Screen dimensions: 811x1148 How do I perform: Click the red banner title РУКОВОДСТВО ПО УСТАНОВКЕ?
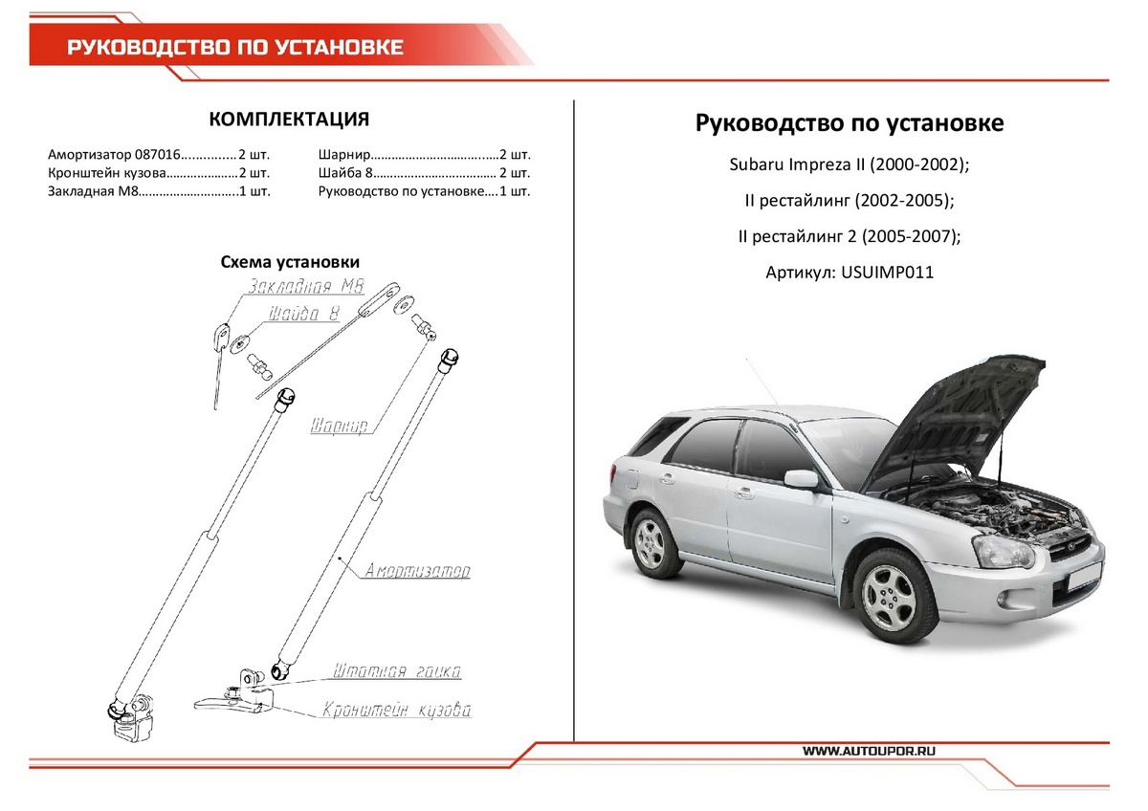[234, 48]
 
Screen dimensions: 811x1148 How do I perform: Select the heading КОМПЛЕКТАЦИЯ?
[289, 119]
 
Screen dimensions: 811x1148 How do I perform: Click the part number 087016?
[157, 154]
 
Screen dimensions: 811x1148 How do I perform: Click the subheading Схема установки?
[290, 262]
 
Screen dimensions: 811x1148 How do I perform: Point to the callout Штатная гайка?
[397, 671]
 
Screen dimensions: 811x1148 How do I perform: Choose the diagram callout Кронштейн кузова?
[397, 711]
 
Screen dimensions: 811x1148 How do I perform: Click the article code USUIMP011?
[887, 273]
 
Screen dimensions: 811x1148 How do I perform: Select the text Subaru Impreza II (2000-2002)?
[850, 164]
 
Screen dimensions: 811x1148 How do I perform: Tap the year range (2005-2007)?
[915, 236]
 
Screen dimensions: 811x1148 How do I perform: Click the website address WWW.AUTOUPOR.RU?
[869, 752]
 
